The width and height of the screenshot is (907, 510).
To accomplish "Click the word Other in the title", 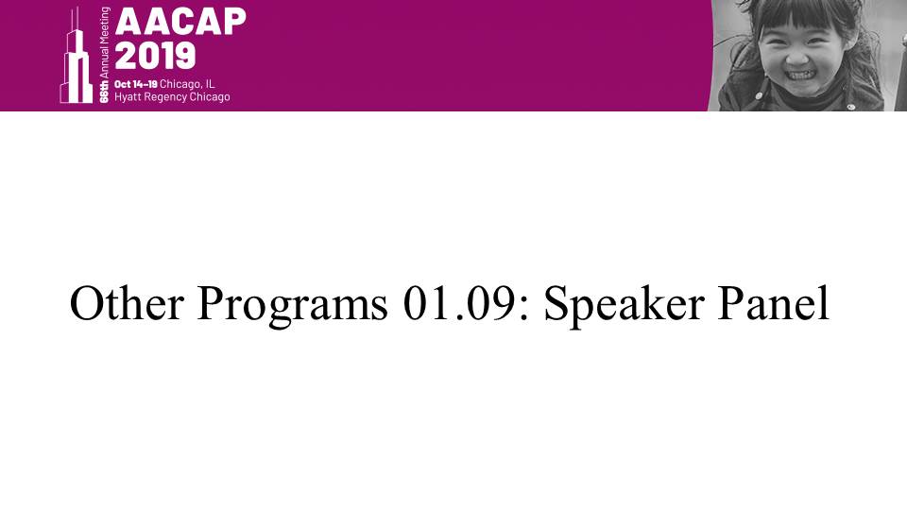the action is click(x=127, y=303).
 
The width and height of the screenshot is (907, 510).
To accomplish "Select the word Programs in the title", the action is click(x=292, y=306).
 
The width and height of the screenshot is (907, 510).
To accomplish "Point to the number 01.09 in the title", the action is click(x=459, y=303).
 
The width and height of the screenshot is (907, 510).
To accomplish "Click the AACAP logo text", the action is click(x=180, y=22).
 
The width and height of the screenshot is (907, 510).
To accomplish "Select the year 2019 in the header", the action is click(x=155, y=56).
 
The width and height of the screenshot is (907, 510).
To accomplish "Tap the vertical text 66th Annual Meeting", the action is click(x=104, y=55).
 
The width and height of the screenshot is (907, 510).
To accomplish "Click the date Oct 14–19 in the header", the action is click(x=136, y=84).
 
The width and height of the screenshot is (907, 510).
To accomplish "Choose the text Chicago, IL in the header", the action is click(x=187, y=84).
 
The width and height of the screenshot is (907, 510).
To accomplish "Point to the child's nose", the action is click(x=797, y=58).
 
